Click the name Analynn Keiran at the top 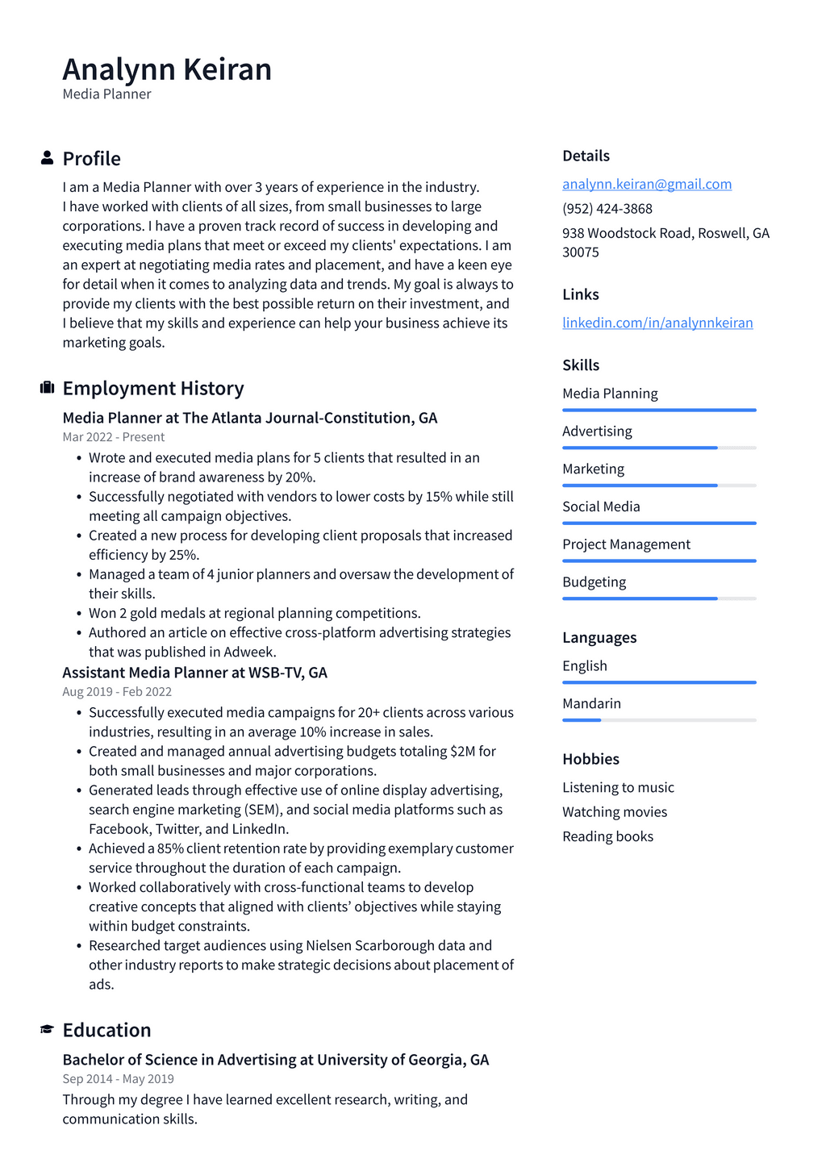click(167, 69)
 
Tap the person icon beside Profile click(47, 158)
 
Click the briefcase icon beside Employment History click(47, 388)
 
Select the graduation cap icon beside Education click(47, 1030)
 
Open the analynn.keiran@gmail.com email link click(647, 184)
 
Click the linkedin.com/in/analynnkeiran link click(657, 323)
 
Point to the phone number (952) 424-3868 click(607, 208)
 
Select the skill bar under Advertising click(659, 448)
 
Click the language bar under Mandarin click(659, 720)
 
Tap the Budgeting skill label click(594, 582)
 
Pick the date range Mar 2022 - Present click(113, 437)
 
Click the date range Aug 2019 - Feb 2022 click(117, 692)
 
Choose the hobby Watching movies click(615, 812)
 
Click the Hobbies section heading click(590, 759)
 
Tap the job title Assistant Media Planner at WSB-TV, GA click(194, 673)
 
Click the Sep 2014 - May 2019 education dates click(118, 1079)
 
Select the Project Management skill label click(626, 544)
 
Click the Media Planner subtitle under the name click(106, 94)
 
